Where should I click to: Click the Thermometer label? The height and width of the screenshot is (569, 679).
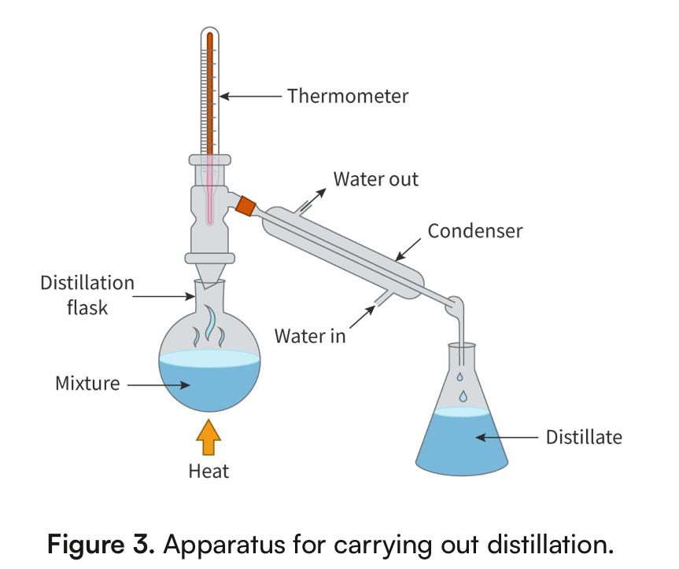(348, 96)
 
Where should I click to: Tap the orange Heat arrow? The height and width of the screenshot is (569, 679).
(208, 437)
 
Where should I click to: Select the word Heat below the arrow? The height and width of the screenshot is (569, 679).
(208, 472)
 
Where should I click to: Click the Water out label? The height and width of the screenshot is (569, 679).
(376, 179)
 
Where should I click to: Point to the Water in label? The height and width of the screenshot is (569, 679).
(310, 336)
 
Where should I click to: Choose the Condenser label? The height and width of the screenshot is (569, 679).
(475, 231)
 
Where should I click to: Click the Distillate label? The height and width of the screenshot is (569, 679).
(584, 437)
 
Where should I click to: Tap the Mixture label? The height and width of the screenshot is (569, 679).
(87, 384)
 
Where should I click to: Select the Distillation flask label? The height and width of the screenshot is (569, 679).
(87, 295)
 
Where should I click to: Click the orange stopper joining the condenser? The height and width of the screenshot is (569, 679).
(246, 205)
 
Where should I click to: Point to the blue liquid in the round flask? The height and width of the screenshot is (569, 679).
(209, 385)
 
